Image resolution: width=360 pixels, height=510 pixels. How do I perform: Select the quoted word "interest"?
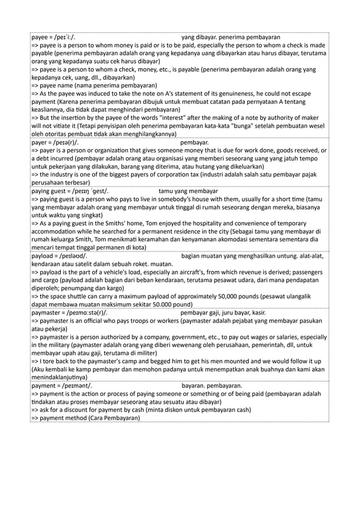(176, 117)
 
